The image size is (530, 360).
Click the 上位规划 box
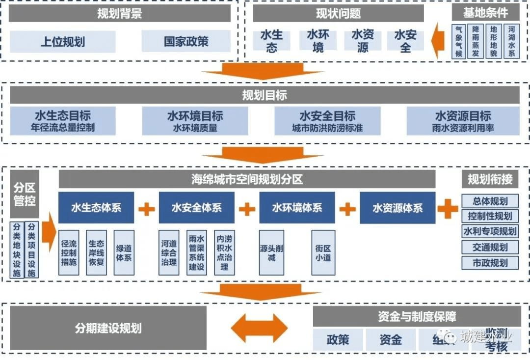click(x=63, y=41)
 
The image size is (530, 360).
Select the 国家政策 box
click(x=186, y=41)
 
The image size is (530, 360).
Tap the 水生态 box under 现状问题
click(x=271, y=41)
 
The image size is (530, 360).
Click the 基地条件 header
click(x=485, y=12)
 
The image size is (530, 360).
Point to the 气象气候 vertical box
click(x=459, y=41)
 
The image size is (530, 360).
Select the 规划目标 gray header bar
click(x=265, y=95)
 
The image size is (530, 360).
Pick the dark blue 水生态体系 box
click(x=96, y=207)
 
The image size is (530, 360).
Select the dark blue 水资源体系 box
click(x=397, y=208)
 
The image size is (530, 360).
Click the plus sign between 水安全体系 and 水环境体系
click(x=247, y=209)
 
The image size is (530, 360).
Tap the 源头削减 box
click(x=271, y=252)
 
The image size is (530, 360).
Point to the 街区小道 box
click(x=323, y=252)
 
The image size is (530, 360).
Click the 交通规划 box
click(x=490, y=247)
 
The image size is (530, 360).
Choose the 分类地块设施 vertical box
click(x=17, y=249)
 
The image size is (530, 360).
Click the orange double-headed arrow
click(x=260, y=328)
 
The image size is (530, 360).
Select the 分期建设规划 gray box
click(x=108, y=328)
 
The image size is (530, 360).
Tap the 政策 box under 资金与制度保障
click(x=338, y=339)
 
